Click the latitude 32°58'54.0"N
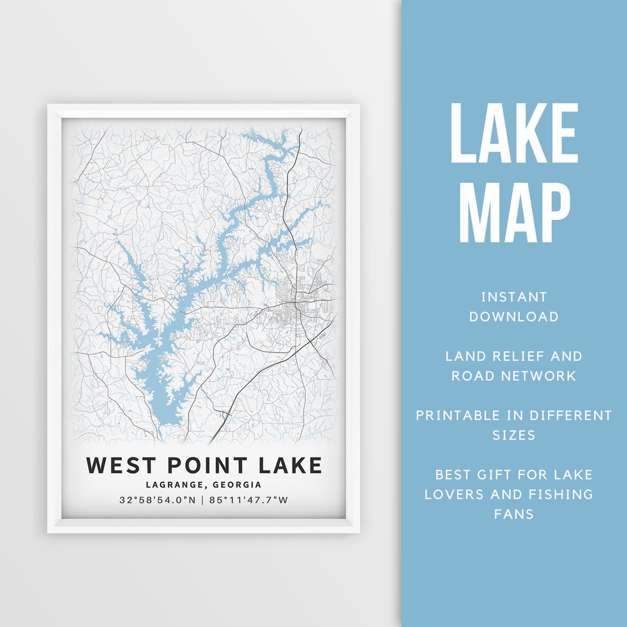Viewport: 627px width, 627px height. coord(158,500)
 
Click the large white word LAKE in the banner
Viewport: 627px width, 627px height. coord(514,134)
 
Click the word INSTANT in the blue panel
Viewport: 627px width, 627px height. coord(514,297)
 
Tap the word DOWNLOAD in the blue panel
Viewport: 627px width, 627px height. coord(514,317)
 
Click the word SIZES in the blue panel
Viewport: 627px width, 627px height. coord(514,435)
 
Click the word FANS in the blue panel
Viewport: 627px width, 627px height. coord(514,514)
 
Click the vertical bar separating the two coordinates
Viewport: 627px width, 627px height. coord(203,500)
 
